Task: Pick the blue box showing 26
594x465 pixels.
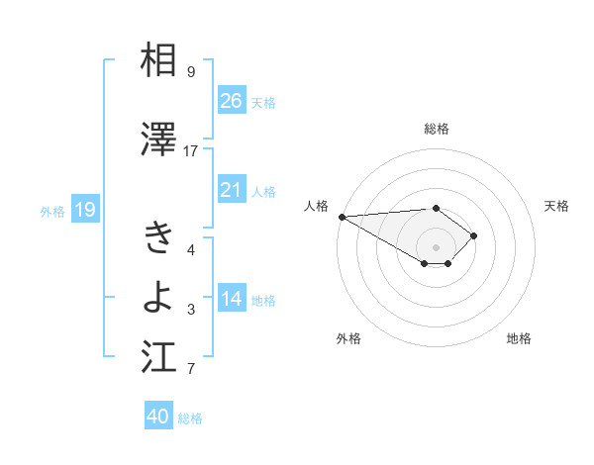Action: (x=231, y=101)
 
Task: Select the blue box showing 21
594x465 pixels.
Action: (x=231, y=190)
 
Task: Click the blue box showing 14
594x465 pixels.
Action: (x=231, y=299)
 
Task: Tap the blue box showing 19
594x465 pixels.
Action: (x=84, y=209)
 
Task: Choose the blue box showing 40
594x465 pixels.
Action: (x=157, y=417)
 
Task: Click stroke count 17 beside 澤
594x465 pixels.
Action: (x=190, y=151)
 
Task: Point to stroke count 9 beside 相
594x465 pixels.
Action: (x=190, y=72)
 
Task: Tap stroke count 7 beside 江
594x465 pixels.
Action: (x=190, y=370)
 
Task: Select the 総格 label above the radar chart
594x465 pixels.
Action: (x=436, y=129)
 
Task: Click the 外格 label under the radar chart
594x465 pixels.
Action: (x=348, y=338)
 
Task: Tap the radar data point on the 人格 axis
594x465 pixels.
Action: (x=341, y=217)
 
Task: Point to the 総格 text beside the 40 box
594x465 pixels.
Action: (x=190, y=418)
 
